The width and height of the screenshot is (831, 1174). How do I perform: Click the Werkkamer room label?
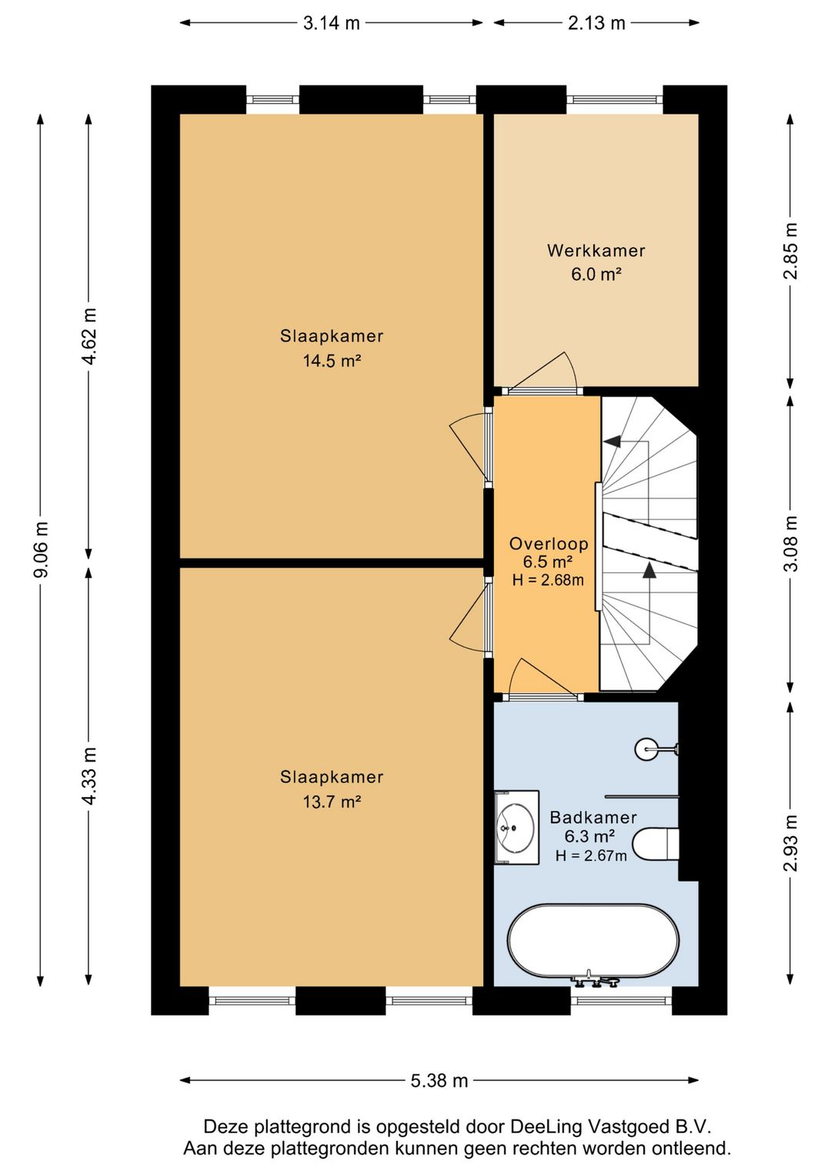pyautogui.click(x=596, y=250)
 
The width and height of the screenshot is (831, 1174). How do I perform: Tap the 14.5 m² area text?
pyautogui.click(x=332, y=361)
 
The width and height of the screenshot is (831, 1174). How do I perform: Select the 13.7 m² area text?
pyautogui.click(x=332, y=802)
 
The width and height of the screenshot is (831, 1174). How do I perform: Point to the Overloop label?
pyautogui.click(x=549, y=543)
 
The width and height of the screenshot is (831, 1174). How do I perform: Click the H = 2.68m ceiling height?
pyautogui.click(x=548, y=580)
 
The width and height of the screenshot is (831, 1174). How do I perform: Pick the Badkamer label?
pyautogui.click(x=593, y=817)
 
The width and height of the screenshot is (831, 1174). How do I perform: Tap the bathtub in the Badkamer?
pyautogui.click(x=593, y=942)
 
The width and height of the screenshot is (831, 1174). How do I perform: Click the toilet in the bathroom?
pyautogui.click(x=656, y=843)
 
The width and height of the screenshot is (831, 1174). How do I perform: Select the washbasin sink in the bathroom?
pyautogui.click(x=517, y=828)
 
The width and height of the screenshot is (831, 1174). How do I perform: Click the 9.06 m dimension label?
pyautogui.click(x=41, y=549)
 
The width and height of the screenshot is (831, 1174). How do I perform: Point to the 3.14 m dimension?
pyautogui.click(x=332, y=23)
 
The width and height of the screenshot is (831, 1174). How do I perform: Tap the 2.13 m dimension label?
pyautogui.click(x=596, y=23)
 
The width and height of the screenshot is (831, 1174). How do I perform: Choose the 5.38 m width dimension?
pyautogui.click(x=439, y=1080)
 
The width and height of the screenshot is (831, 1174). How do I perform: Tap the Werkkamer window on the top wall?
pyautogui.click(x=615, y=99)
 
